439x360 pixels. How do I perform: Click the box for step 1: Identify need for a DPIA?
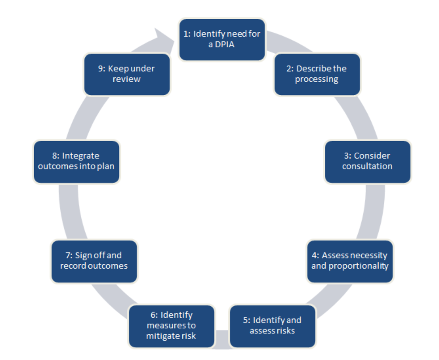click(x=222, y=39)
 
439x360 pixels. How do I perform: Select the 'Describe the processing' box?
click(x=317, y=74)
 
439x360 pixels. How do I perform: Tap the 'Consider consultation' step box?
click(x=367, y=161)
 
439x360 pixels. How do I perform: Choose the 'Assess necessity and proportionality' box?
click(x=350, y=261)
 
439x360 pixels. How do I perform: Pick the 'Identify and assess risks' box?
click(x=272, y=325)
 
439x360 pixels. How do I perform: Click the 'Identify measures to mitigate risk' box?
click(x=171, y=325)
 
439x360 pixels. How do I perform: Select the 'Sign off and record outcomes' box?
click(x=94, y=261)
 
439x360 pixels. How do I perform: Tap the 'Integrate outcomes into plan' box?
click(x=76, y=161)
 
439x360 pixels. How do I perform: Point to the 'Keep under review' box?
click(x=127, y=74)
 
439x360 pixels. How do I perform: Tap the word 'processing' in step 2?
click(x=317, y=80)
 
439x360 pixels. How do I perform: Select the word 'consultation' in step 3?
click(x=367, y=166)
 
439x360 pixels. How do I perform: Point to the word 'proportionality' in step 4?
click(x=358, y=266)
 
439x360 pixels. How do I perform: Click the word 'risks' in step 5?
click(x=285, y=331)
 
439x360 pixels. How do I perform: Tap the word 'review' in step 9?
click(x=126, y=80)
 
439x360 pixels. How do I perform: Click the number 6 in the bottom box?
click(x=153, y=315)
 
